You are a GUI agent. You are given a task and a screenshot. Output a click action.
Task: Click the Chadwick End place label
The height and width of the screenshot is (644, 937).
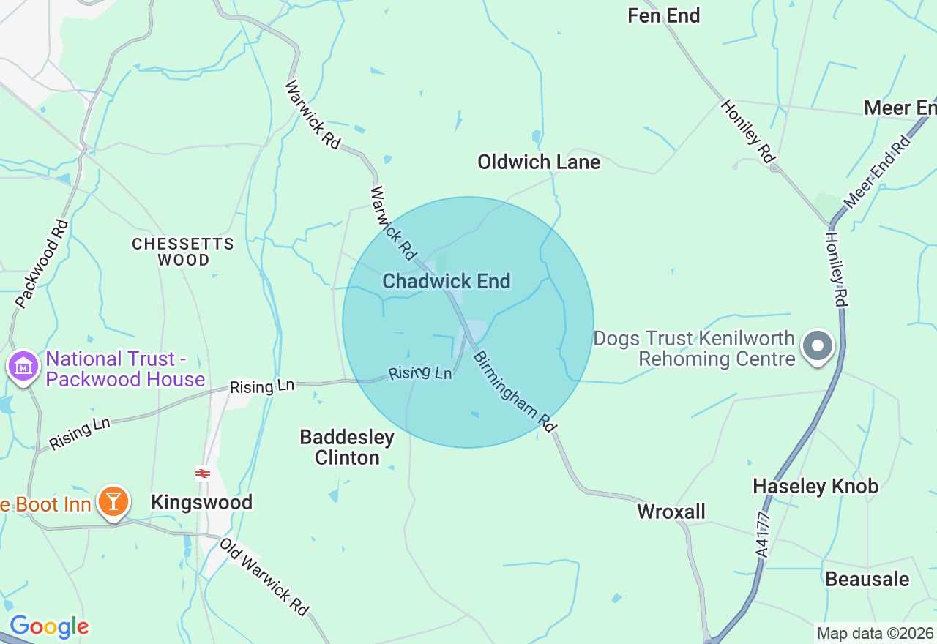pos(446,281)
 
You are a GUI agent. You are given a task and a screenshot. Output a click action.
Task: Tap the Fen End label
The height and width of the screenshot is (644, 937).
pos(663,15)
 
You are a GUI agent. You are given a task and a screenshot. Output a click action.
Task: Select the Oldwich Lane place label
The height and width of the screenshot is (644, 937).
pos(539,162)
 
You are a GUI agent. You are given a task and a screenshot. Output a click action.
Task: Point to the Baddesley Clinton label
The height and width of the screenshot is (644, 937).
pos(347,447)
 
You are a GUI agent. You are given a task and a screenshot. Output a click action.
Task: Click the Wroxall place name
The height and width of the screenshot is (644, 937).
pos(671,512)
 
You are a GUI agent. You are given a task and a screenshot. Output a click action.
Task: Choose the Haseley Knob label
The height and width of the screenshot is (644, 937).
pos(815,486)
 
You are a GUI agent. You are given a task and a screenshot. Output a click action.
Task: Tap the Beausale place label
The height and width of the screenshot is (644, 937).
pos(867,579)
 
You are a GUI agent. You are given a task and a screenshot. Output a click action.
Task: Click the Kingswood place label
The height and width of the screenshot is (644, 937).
pos(201,502)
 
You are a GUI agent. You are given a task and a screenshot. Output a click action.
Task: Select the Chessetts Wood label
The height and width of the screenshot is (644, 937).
pos(183,251)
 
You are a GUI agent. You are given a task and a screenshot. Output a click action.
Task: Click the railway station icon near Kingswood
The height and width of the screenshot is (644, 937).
pos(203,473)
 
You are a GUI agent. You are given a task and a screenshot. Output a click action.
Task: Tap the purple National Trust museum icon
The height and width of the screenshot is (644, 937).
pos(23,365)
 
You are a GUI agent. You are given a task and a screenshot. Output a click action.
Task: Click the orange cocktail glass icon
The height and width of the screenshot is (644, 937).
pos(113,501)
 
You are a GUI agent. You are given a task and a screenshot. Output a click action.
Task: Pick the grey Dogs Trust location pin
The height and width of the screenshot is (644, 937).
pos(818,346)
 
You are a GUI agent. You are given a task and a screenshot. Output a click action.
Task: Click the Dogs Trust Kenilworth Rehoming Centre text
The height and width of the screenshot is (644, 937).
pos(694,348)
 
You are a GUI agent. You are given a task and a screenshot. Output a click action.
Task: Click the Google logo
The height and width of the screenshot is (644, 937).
pos(49,626)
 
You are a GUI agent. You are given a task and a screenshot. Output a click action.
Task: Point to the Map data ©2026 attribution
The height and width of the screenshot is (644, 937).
pos(875,633)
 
